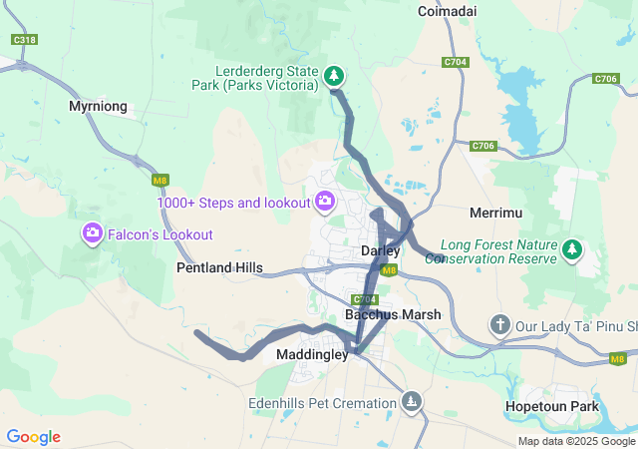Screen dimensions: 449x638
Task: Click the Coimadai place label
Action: pyautogui.click(x=447, y=11)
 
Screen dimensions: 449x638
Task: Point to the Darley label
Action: pyautogui.click(x=380, y=250)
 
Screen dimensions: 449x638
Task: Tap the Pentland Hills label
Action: pyautogui.click(x=219, y=267)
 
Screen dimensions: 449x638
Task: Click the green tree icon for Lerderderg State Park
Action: pyautogui.click(x=335, y=76)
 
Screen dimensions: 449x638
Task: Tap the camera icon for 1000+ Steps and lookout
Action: pyautogui.click(x=324, y=203)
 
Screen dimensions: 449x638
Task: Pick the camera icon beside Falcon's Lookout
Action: pyautogui.click(x=92, y=233)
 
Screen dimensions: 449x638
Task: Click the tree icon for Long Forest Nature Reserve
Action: pyautogui.click(x=572, y=249)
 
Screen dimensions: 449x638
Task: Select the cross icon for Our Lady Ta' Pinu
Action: pyautogui.click(x=499, y=325)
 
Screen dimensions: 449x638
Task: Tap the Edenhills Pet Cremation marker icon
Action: pyautogui.click(x=411, y=402)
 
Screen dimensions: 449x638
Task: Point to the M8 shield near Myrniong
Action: pyautogui.click(x=159, y=181)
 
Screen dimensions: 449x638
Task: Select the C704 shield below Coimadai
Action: pyautogui.click(x=455, y=62)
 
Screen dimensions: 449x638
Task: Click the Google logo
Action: pyautogui.click(x=33, y=437)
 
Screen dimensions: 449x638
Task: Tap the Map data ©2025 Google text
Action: pyautogui.click(x=576, y=441)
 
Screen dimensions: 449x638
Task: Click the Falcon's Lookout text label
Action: pyautogui.click(x=161, y=234)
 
